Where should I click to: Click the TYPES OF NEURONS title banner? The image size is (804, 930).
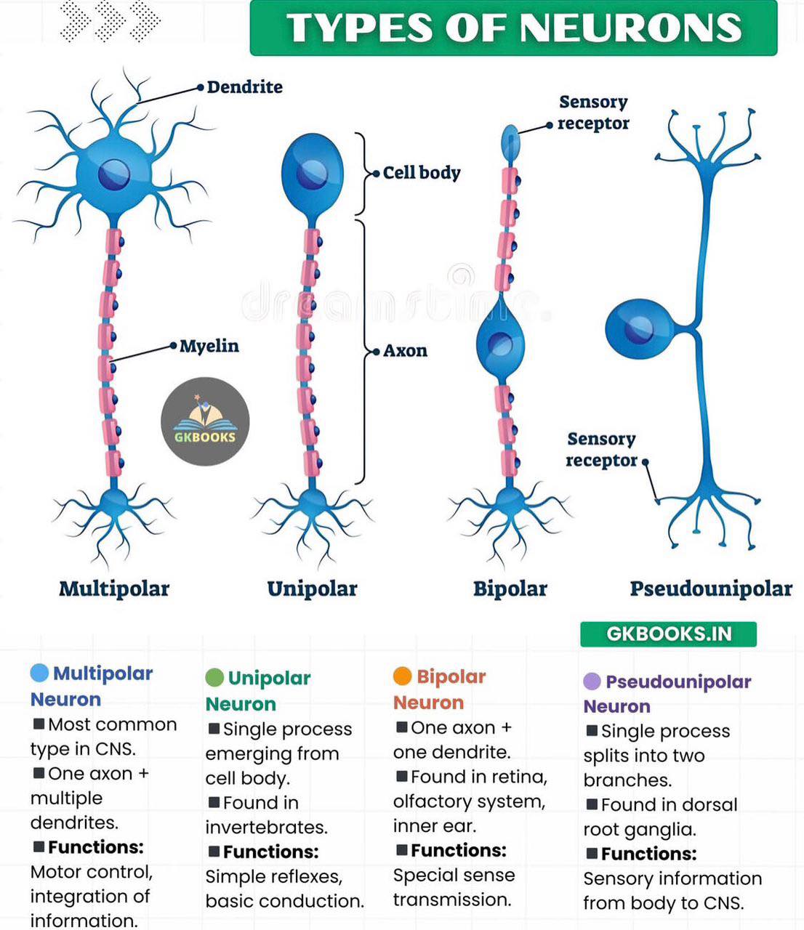[x=513, y=28]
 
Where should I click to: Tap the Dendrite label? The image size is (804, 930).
[x=244, y=87]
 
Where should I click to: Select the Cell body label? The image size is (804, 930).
[x=422, y=173]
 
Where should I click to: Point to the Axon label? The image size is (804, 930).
[x=405, y=351]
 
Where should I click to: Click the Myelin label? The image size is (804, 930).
[x=209, y=347]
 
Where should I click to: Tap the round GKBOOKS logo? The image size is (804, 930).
[x=205, y=421]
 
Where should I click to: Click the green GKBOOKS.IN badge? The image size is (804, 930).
[x=669, y=634]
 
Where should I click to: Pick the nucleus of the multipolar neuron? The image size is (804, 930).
[x=114, y=174]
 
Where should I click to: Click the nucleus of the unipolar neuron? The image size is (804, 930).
[x=312, y=174]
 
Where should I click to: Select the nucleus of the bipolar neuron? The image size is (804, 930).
[x=499, y=345]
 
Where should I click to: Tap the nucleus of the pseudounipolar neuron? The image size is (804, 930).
[x=638, y=329]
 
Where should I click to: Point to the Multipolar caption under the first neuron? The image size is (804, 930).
[x=114, y=589]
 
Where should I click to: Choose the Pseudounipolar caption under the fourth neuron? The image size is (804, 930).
[x=711, y=589]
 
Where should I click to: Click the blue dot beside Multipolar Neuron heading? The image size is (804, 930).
[x=39, y=673]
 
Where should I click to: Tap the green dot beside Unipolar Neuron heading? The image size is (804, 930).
[x=214, y=678]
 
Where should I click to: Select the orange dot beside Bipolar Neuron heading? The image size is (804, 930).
[x=402, y=676]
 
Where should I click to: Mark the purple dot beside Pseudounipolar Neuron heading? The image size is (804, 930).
[x=592, y=682]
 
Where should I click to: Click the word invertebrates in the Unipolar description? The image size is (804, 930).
[x=267, y=828]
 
